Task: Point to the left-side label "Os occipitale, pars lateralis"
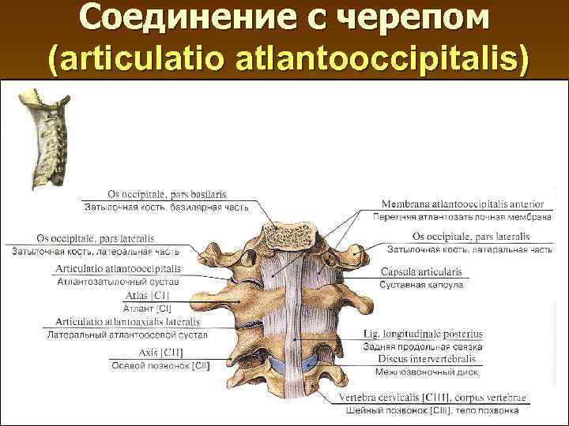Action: [96, 238]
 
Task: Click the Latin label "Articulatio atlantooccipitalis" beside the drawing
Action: [118, 268]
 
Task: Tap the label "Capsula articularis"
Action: [421, 271]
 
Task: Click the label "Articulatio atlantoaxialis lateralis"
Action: [131, 322]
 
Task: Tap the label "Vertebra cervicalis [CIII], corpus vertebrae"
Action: [432, 397]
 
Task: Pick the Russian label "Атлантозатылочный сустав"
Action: [118, 282]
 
